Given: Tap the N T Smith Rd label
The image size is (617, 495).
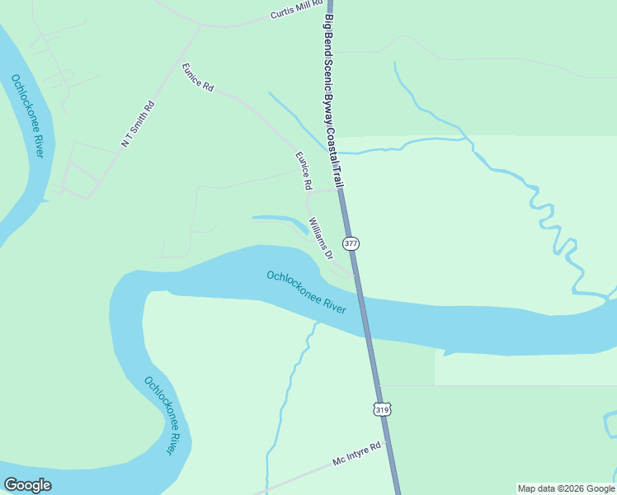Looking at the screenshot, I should pos(138,125).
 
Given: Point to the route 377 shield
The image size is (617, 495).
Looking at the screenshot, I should pos(351,243).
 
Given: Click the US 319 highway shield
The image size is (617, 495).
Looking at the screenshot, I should pos(381,408).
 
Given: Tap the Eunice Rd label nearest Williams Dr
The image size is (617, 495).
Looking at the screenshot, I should pos(304,168).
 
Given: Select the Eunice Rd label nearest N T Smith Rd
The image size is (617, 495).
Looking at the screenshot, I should pos(198,76).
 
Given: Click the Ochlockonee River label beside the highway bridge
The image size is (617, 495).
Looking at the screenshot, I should pos(306,291).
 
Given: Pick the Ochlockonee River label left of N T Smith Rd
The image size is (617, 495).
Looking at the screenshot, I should pos(27,115).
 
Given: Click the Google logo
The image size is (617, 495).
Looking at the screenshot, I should pos(27,484).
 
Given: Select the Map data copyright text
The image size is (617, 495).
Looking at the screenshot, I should pos(566,488).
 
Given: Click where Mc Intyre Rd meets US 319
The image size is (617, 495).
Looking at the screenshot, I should pos(387,441).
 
